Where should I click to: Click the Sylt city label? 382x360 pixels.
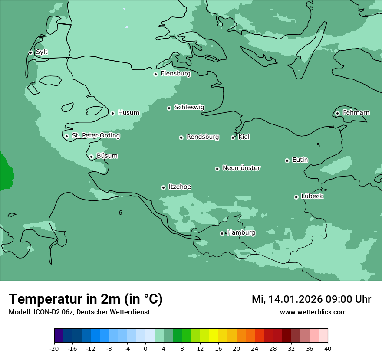(x=42, y=52)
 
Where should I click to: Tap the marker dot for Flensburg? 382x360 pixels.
(x=155, y=74)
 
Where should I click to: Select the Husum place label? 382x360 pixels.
(x=128, y=113)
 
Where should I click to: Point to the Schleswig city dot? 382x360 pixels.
(x=169, y=108)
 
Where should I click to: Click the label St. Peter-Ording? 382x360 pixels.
(x=96, y=136)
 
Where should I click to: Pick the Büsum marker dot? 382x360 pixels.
(x=91, y=157)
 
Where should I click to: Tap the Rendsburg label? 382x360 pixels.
(x=203, y=137)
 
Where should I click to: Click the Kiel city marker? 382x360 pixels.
(x=233, y=137)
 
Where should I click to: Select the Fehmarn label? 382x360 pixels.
(x=356, y=113)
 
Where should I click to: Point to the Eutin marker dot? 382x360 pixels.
(x=287, y=160)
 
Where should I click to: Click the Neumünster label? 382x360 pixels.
(x=241, y=168)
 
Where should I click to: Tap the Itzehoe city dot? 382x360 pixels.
(x=163, y=187)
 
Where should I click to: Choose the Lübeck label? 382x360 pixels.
(x=312, y=196)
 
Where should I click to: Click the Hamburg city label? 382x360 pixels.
(x=241, y=232)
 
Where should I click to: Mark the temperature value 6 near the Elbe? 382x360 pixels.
(x=120, y=213)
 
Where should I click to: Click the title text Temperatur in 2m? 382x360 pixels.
(x=86, y=299)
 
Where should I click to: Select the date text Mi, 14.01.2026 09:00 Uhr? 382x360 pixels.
(x=311, y=299)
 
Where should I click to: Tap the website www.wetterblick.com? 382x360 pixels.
(x=313, y=312)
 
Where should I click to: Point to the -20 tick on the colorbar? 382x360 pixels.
(x=54, y=349)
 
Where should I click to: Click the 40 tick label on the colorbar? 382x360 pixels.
(x=328, y=349)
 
